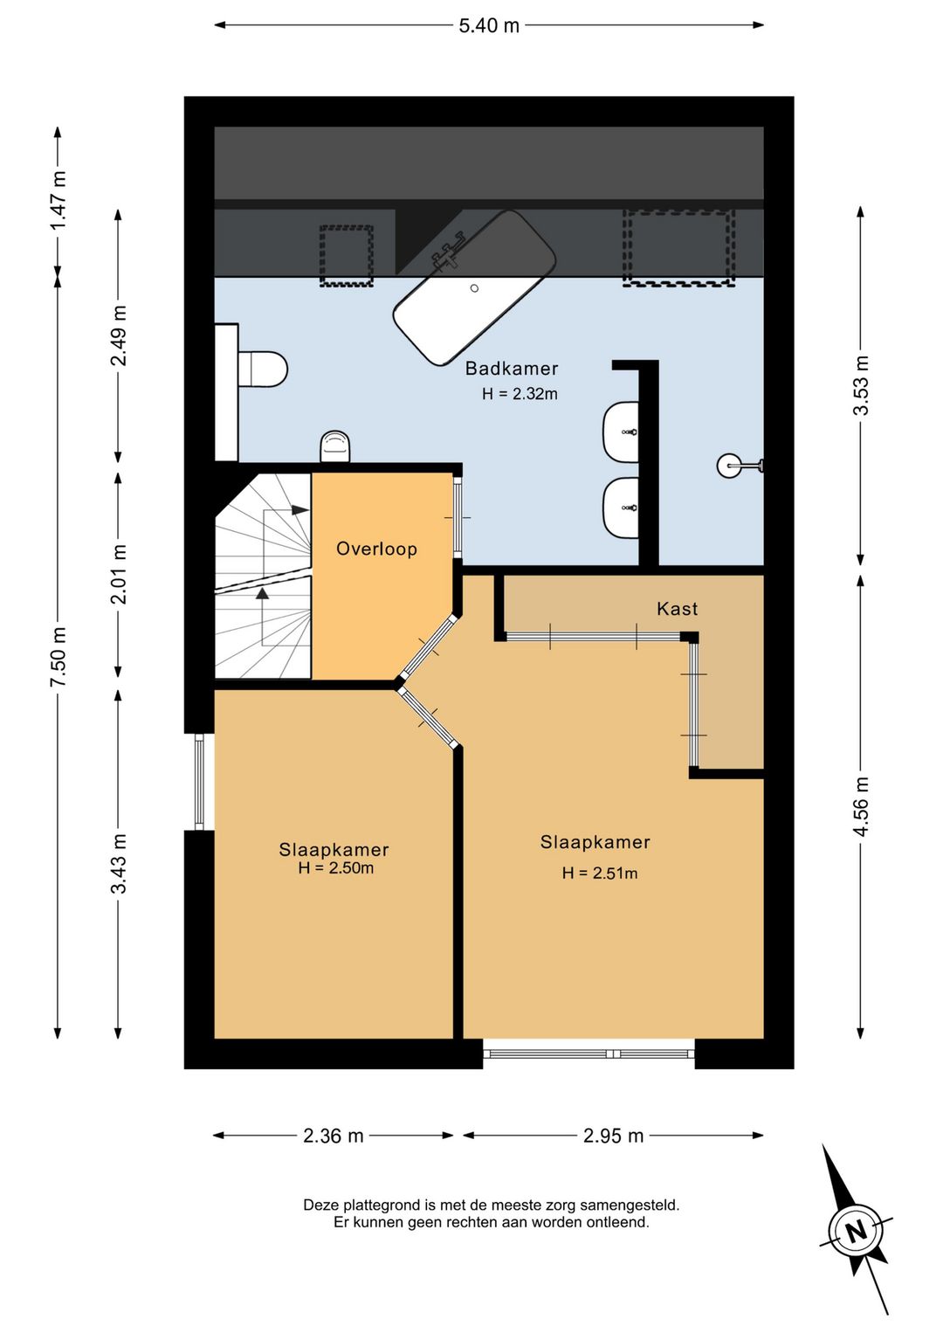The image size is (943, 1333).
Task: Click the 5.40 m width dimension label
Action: click(488, 26)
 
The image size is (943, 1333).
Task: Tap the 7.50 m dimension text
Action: click(59, 657)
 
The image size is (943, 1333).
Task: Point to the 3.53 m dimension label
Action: click(861, 385)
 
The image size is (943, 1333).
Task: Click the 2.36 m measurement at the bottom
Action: click(334, 1136)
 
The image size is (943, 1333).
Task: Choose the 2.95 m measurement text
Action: click(614, 1136)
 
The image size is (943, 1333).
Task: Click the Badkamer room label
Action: click(512, 369)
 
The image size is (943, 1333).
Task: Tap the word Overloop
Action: click(376, 549)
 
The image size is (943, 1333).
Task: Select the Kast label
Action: click(677, 609)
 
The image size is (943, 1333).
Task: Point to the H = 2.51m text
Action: click(600, 873)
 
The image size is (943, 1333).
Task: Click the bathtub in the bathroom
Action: click(474, 287)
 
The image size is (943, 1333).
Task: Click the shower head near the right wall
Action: click(740, 465)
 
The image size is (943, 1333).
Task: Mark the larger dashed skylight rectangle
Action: click(678, 247)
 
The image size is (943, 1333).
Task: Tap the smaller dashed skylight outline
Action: click(347, 256)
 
